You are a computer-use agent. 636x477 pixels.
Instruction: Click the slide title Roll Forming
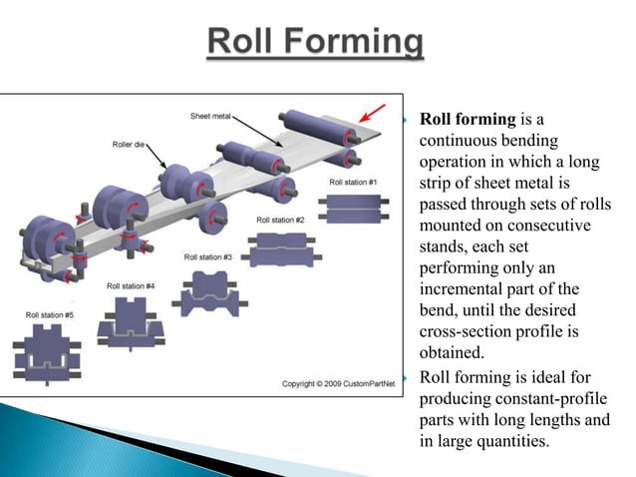pos(316,45)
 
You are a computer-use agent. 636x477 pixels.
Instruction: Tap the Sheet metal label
pos(211,117)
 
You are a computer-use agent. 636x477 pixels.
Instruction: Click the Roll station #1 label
pos(354,183)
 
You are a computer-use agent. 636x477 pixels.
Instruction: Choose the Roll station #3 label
pos(208,257)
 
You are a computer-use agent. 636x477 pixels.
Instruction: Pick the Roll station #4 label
pos(131,286)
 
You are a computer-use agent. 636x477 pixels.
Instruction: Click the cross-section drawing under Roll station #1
pos(354,211)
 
